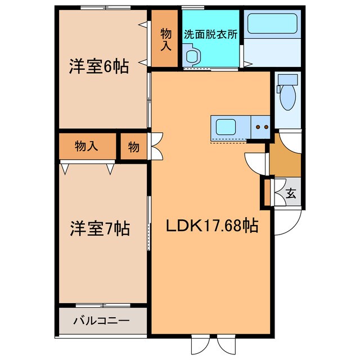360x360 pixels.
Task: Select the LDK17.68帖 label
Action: pos(211,226)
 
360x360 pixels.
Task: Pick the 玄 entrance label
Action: pos(291,194)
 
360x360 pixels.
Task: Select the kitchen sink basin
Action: pos(225,127)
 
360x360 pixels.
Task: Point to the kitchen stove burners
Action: pos(260,128)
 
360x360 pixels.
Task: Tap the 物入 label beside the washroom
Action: pos(165,38)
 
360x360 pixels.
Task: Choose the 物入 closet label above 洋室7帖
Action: pos(87,147)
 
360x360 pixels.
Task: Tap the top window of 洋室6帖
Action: pos(106,7)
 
